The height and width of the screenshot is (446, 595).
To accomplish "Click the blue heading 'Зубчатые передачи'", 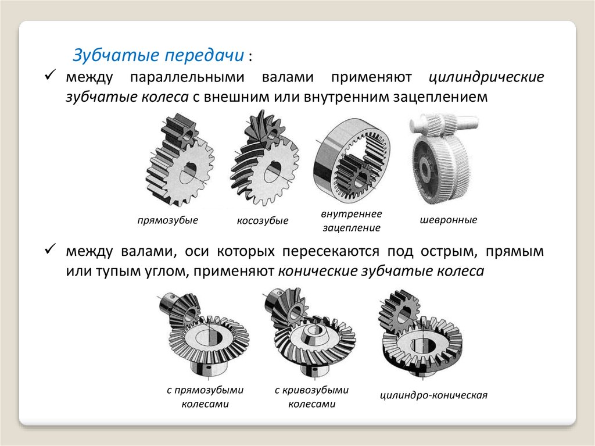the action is pyautogui.click(x=158, y=55).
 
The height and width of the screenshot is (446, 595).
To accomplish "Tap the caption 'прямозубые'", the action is pyautogui.click(x=168, y=220).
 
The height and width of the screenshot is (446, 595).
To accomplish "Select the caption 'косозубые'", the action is pyautogui.click(x=263, y=220).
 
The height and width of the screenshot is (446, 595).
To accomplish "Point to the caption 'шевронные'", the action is pyautogui.click(x=449, y=220).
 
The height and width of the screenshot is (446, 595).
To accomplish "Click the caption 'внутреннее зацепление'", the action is pyautogui.click(x=352, y=221).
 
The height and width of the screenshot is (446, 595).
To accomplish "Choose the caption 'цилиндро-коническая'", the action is pyautogui.click(x=433, y=395).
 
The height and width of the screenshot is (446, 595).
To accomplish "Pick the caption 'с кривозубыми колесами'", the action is pyautogui.click(x=311, y=397).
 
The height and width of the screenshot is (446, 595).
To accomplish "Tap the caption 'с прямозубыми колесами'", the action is pyautogui.click(x=205, y=397).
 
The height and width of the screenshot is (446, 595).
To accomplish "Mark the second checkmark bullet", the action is pyautogui.click(x=50, y=249).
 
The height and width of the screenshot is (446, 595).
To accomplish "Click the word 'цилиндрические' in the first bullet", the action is pyautogui.click(x=486, y=77).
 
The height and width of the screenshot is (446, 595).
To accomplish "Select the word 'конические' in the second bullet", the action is pyautogui.click(x=318, y=271).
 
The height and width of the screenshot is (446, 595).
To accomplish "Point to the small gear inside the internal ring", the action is pyautogui.click(x=357, y=175).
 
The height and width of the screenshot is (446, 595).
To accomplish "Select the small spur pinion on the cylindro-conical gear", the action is pyautogui.click(x=400, y=308).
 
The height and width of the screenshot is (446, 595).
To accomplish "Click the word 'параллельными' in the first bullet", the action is pyautogui.click(x=187, y=77).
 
